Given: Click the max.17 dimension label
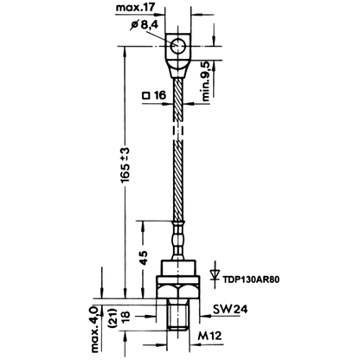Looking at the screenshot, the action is coord(135,7).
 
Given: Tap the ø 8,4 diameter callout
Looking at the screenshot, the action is coord(145,25).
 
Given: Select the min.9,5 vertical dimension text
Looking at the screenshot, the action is coord(206,81).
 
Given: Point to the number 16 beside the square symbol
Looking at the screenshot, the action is coord(160,95).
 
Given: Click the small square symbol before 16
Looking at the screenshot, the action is coord(146,95).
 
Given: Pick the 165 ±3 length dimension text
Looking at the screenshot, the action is coord(125,165).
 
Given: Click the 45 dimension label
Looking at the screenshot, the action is coord(144,258).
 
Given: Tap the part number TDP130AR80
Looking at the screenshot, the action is coord(251,280).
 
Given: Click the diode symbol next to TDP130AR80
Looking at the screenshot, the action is coord(215,274).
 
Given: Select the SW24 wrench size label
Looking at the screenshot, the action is coord(230,309).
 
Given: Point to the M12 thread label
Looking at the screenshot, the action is coord(210,336).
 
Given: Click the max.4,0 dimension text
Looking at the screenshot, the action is coord(95,329).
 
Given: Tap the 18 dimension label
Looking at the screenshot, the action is coord(126,317).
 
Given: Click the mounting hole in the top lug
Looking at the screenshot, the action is coord(177,47).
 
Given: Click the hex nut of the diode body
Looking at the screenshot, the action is coord(178,292).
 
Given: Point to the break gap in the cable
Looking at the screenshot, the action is coord(178,131).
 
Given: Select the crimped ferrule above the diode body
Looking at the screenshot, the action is coord(178,240).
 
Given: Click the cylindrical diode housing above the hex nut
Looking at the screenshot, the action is coord(178,267).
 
